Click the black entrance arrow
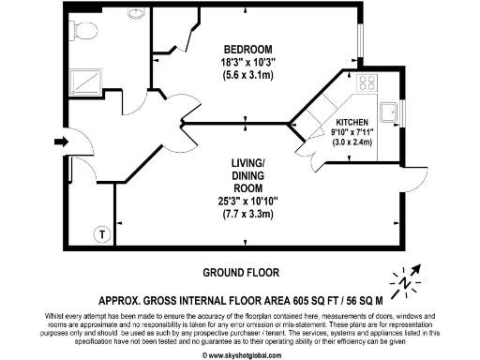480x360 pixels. pos(62,142)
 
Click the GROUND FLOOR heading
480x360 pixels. pos(241,272)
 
